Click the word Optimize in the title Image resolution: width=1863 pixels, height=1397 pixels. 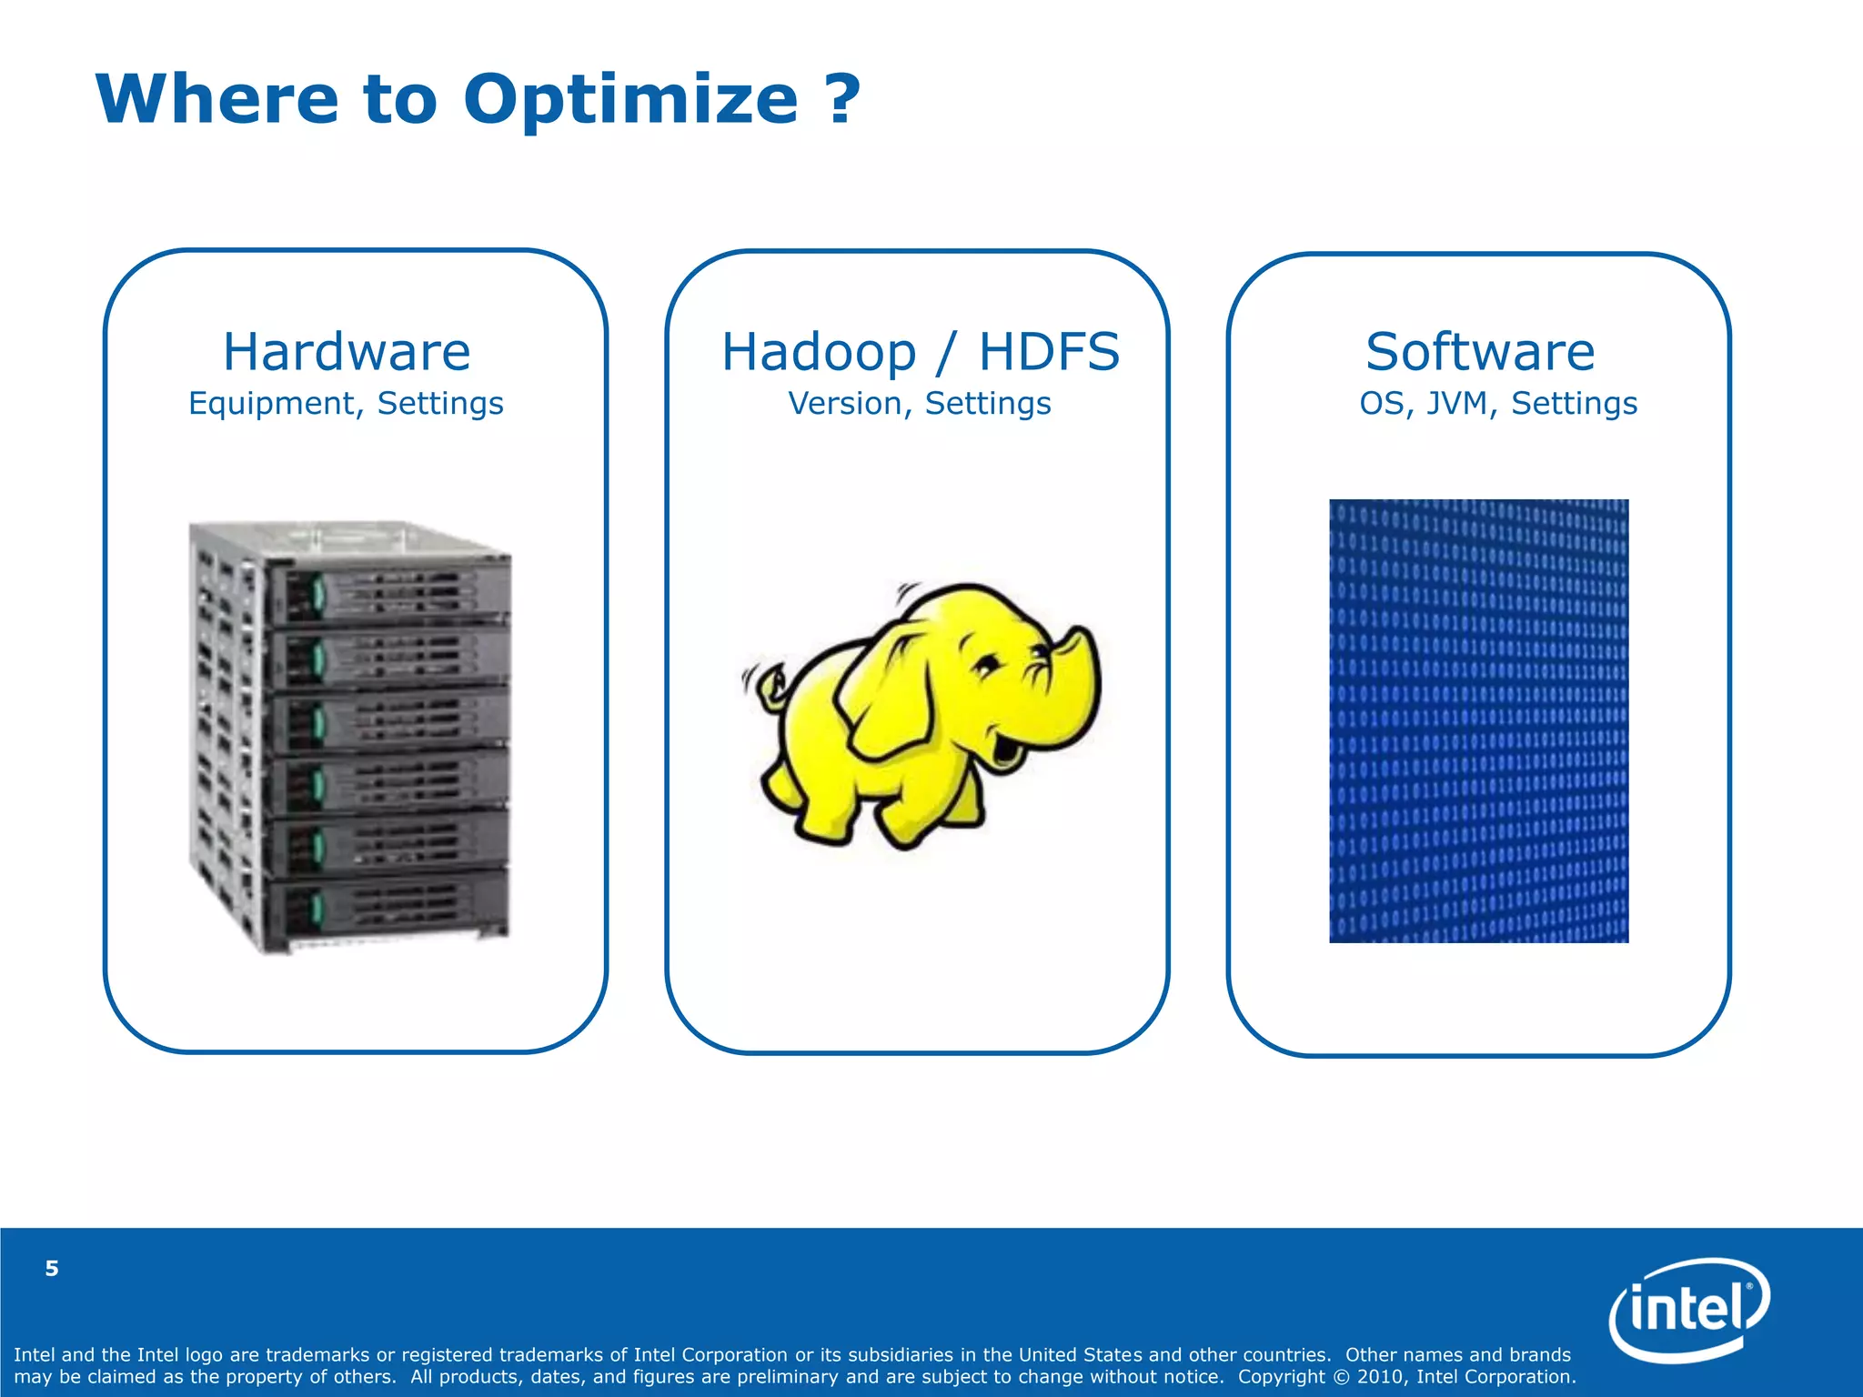coord(630,100)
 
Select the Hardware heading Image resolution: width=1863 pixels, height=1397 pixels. coord(347,352)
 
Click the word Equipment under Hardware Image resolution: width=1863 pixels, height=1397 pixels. coord(270,403)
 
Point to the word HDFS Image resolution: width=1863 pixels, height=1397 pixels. coord(1048,352)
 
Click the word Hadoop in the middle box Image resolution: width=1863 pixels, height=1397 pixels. coord(819,352)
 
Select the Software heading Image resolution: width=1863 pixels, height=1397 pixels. coord(1479,352)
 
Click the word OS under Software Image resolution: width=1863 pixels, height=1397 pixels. coord(1383,403)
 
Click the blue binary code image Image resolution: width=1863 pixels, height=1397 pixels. coord(1478,720)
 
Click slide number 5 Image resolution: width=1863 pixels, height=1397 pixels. coord(52,1269)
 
